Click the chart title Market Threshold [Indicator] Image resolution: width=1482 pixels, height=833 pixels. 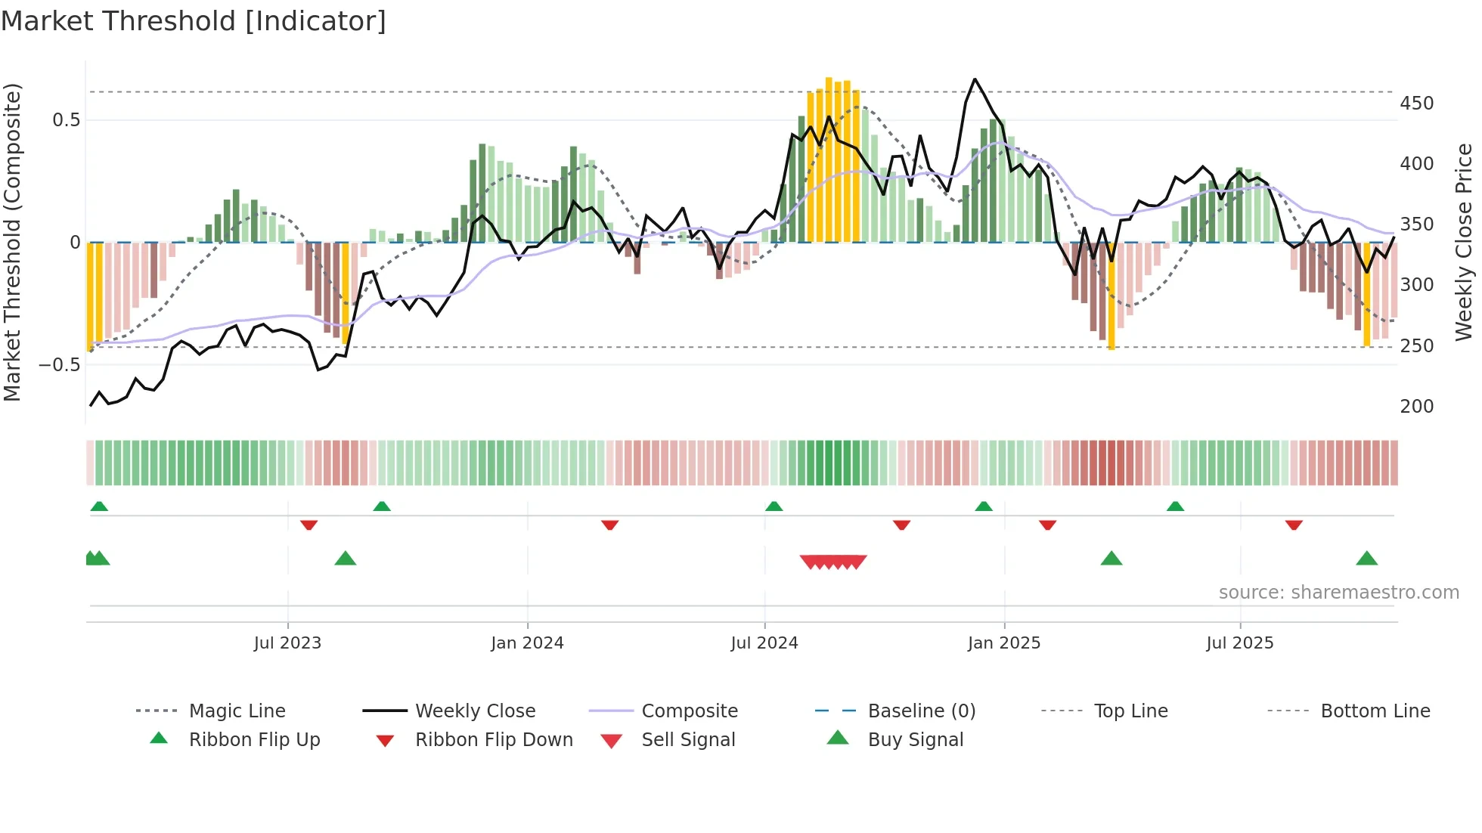pos(194,21)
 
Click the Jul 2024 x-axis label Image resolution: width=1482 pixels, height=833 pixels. pos(764,643)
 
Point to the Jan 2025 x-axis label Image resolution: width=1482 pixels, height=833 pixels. pos(1003,643)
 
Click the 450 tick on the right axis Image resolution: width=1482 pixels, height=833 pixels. pos(1416,103)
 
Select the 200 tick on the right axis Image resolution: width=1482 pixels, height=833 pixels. pos(1416,406)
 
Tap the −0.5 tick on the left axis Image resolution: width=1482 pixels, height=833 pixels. pos(59,364)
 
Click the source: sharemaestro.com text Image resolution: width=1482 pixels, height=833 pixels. pos(1338,592)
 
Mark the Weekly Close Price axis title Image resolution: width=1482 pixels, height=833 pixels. pos(1464,242)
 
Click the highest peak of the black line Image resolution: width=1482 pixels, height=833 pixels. pos(975,79)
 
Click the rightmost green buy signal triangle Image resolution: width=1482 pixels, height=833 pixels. pos(1366,559)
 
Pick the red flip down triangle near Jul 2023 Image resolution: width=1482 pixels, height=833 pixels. pos(308,525)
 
